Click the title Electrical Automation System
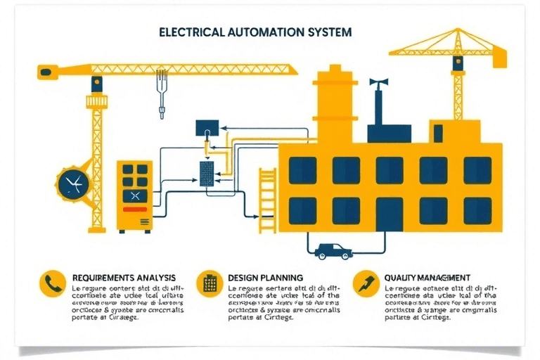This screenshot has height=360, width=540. (x=255, y=32)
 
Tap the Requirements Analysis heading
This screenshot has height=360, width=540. (x=124, y=278)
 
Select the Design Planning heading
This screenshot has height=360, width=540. (x=266, y=278)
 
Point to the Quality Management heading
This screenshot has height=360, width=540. (x=427, y=278)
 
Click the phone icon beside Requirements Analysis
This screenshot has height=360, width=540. (x=52, y=283)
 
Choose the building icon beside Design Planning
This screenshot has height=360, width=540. (x=209, y=283)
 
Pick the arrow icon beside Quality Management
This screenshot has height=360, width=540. (x=366, y=283)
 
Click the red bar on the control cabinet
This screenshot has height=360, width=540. (x=134, y=210)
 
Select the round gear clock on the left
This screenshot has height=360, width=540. (x=72, y=184)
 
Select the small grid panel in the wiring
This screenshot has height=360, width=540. (x=207, y=172)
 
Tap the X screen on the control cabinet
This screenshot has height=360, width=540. (x=134, y=194)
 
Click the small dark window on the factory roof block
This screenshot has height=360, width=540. (x=437, y=132)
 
